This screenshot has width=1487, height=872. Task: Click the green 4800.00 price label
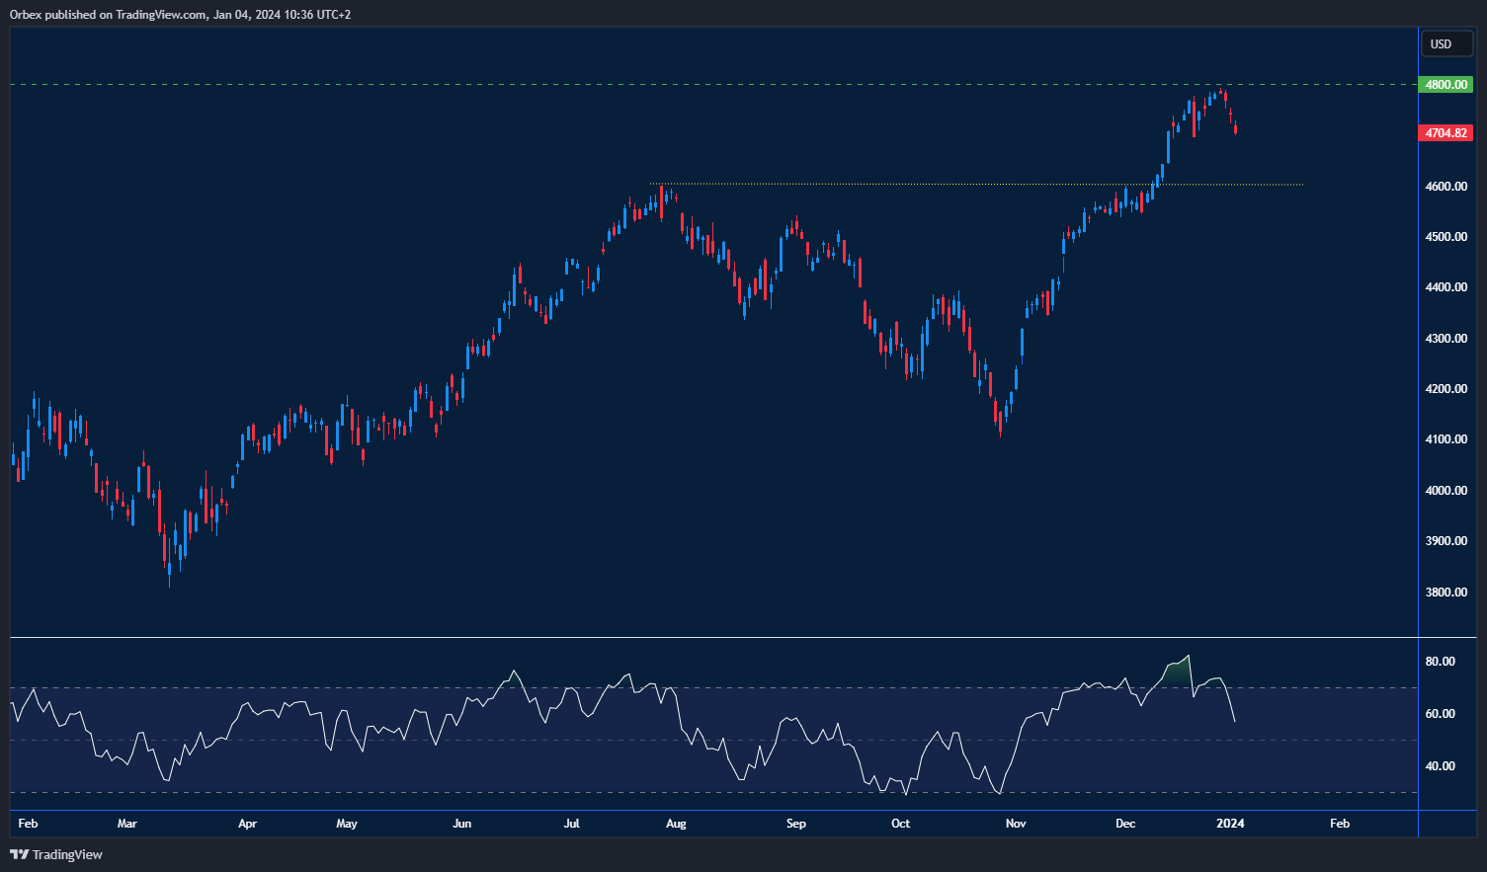click(x=1446, y=85)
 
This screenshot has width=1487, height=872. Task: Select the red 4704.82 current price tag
click(x=1446, y=132)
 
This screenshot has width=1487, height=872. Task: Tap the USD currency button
click(x=1442, y=43)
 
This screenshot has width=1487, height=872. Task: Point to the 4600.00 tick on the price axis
click(x=1446, y=187)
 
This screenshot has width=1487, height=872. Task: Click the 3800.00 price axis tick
click(x=1446, y=593)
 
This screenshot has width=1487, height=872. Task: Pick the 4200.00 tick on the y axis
click(x=1446, y=389)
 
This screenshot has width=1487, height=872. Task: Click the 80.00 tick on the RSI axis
click(x=1440, y=662)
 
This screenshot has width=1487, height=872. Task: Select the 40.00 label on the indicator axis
click(x=1440, y=766)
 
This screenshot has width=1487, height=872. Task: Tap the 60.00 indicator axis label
click(x=1440, y=714)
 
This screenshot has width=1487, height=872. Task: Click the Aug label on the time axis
click(x=676, y=824)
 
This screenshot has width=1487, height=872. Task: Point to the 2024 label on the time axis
click(x=1230, y=824)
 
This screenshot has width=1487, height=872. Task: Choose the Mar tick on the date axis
click(x=126, y=824)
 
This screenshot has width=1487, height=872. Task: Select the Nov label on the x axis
click(x=1016, y=824)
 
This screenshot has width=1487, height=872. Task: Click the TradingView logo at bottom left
click(x=56, y=854)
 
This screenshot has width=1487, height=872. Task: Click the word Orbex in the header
click(x=26, y=15)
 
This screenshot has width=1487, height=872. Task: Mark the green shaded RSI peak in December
click(x=1178, y=670)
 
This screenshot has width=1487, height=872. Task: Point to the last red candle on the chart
click(x=1235, y=127)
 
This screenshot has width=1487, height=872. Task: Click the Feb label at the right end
click(x=1340, y=824)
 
